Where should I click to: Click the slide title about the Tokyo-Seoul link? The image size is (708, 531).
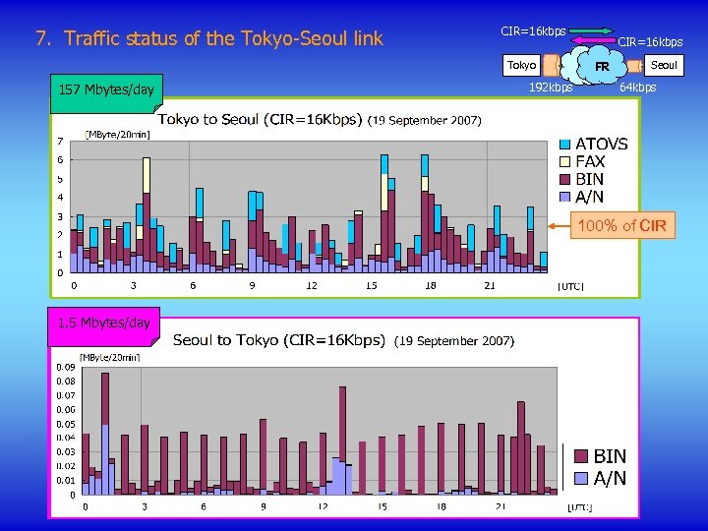(x=208, y=40)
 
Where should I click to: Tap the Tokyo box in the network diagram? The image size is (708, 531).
(x=521, y=66)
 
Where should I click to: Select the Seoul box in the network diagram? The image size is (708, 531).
(x=664, y=65)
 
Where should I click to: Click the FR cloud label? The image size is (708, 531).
(x=601, y=67)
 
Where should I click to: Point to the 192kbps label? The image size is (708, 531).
(x=551, y=88)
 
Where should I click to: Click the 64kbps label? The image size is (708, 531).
(x=637, y=88)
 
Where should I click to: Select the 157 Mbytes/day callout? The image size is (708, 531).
(x=106, y=90)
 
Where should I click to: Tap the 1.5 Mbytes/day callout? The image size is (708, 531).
(x=104, y=323)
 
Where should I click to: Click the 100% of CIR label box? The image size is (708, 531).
(x=621, y=226)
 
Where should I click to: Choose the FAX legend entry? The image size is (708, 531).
(x=590, y=161)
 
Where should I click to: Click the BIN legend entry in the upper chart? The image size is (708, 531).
(x=589, y=179)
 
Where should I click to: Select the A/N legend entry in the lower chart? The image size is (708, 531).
(x=609, y=479)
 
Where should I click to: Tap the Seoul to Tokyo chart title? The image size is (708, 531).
(x=278, y=340)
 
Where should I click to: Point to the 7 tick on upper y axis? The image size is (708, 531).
(x=60, y=141)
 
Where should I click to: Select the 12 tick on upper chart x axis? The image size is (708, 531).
(x=311, y=286)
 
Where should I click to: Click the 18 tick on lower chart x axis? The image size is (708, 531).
(x=441, y=507)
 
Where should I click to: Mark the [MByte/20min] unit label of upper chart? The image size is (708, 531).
(x=117, y=134)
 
